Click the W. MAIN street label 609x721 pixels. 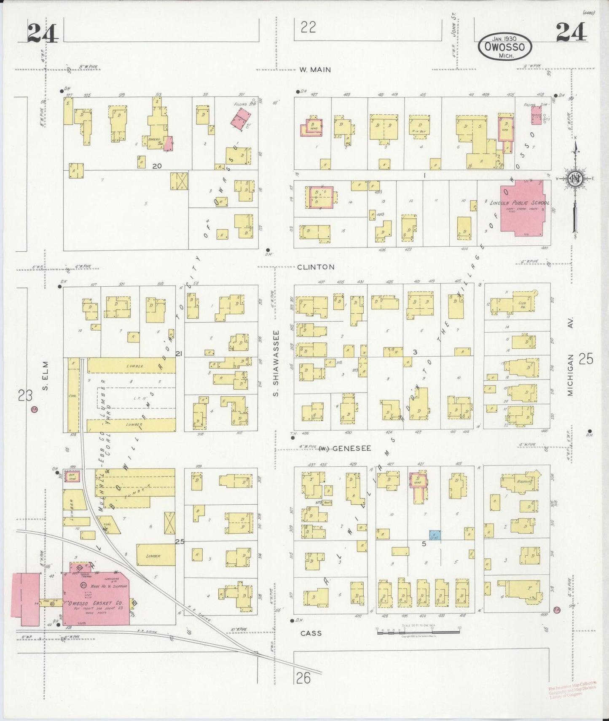[x=315, y=70]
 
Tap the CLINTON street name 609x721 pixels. [x=316, y=267]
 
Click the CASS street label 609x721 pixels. [x=311, y=633]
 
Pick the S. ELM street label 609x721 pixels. [x=46, y=376]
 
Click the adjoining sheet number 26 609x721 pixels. [x=303, y=678]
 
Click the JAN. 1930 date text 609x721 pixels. [x=504, y=38]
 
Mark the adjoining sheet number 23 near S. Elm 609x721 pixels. [x=25, y=395]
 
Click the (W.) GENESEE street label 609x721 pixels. [x=345, y=449]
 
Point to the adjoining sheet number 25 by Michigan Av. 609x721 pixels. [x=586, y=359]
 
